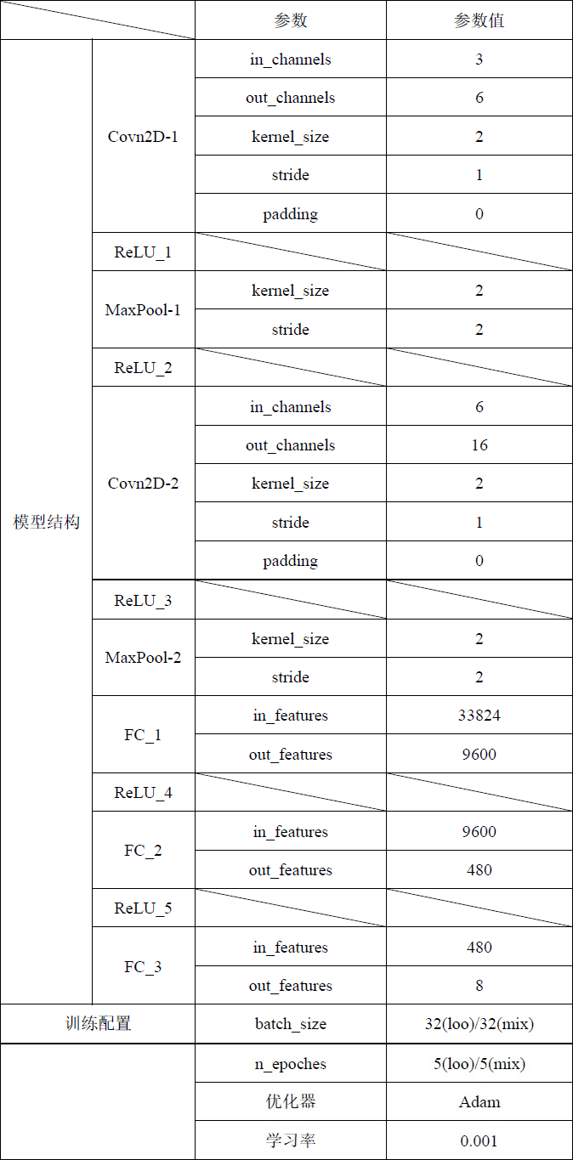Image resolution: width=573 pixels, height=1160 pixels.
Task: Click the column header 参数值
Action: coord(479,20)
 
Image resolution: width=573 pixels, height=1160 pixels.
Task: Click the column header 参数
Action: coord(291,20)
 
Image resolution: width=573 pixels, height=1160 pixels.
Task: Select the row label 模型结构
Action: coord(47,522)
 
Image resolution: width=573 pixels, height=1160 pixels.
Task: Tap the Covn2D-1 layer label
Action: coord(144,137)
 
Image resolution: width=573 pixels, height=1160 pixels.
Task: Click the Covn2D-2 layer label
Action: coord(144,484)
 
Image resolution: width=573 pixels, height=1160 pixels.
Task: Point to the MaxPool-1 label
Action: coord(144,310)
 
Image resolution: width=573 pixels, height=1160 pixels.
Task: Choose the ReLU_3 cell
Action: coord(144,601)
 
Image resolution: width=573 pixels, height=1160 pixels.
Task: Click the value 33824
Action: coord(479,716)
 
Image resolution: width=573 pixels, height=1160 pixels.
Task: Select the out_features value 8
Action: coord(479,986)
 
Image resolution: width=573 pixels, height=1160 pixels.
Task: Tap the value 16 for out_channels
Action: coord(479,445)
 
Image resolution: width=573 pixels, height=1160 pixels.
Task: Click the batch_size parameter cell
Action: coord(291,1024)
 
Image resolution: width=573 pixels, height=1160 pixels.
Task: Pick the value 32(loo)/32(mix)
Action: coord(479,1024)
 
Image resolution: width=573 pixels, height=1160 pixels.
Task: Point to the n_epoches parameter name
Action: coord(291,1064)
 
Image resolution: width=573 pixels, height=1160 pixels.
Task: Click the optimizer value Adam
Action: coord(479,1102)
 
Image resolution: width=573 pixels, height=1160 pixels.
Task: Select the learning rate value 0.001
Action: coord(479,1141)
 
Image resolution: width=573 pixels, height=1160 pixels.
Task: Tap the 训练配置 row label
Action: coord(99,1024)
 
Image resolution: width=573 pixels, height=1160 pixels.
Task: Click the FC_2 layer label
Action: coord(144,851)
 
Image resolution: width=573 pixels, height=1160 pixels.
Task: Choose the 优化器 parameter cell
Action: coord(291,1102)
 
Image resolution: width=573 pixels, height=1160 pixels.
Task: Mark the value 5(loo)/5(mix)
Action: coord(479,1064)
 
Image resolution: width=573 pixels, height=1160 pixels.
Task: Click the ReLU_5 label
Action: coord(144,908)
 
